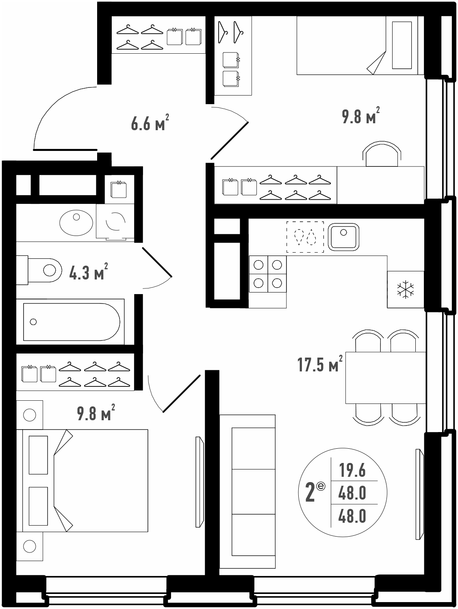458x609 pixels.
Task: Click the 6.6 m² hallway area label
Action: click(x=150, y=122)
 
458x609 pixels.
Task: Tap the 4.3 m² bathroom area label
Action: click(x=88, y=271)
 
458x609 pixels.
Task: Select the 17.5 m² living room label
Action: click(x=320, y=363)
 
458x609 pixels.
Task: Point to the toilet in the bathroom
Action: click(x=39, y=270)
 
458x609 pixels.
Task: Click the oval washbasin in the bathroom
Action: click(x=76, y=223)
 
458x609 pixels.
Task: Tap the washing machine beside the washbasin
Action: click(x=115, y=221)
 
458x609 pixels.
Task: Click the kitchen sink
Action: click(x=343, y=237)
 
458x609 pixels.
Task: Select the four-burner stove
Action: click(x=268, y=274)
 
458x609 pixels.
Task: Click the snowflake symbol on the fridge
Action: click(x=405, y=290)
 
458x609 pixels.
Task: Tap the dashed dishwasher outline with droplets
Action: click(x=305, y=237)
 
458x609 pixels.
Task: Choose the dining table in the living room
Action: click(x=385, y=378)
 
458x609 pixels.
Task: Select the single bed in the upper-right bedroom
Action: click(x=360, y=45)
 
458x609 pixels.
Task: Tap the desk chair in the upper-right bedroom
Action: click(x=382, y=154)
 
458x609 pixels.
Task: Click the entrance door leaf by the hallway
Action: click(x=65, y=150)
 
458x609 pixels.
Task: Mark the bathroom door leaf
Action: click(x=157, y=262)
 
